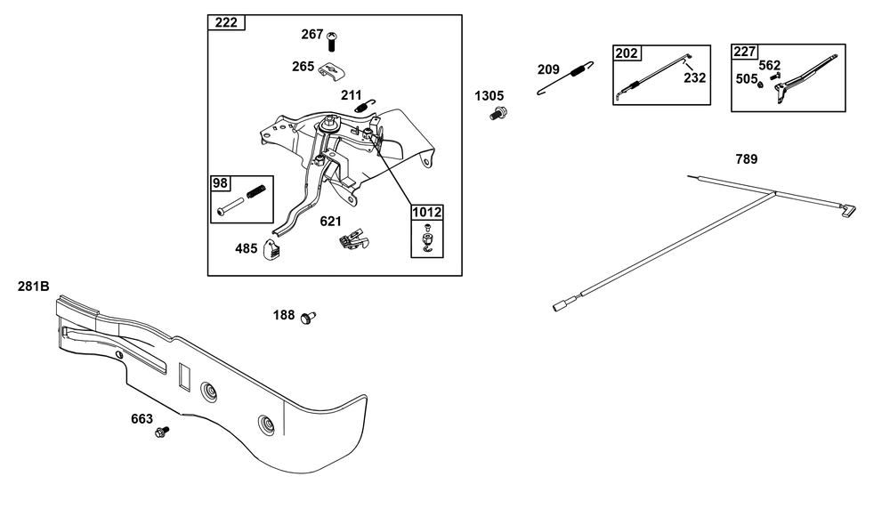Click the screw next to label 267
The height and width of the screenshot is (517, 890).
coord(332,42)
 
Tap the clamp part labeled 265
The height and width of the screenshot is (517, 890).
coord(332,71)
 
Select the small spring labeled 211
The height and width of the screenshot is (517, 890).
coord(364,106)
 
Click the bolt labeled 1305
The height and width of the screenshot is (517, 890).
coord(498,114)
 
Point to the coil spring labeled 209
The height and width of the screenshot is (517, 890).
coord(566,77)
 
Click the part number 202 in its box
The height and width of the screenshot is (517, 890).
coord(627,53)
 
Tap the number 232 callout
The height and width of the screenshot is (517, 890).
coord(695,77)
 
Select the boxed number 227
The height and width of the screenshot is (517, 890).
coord(745,52)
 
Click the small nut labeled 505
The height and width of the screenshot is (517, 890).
coord(761,85)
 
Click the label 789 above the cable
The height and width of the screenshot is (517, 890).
coord(747,159)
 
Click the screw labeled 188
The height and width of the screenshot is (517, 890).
coord(308,318)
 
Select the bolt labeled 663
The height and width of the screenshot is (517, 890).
coord(162,432)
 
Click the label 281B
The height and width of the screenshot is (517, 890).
coord(34,287)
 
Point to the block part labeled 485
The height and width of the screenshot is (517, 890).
coord(272,249)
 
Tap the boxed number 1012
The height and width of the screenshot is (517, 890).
coord(427,213)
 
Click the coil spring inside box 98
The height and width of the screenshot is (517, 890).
coord(255,192)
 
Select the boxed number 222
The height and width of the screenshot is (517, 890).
coord(226,23)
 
